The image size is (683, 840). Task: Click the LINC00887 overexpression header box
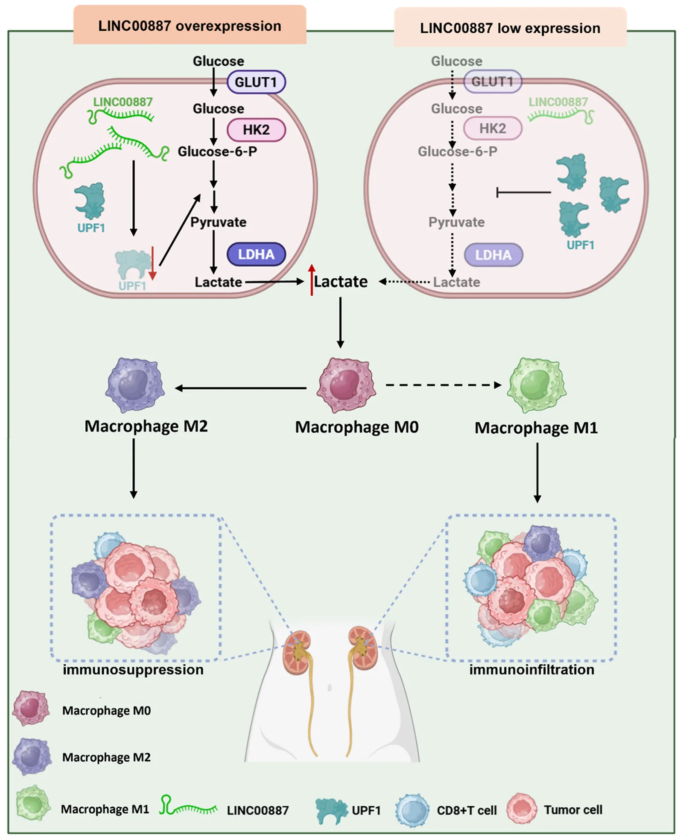tap(190, 25)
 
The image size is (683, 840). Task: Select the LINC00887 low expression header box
tap(510, 27)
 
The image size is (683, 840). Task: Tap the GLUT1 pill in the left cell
tap(256, 82)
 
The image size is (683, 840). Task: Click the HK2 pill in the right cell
tap(493, 128)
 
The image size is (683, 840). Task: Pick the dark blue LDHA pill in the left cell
tap(256, 254)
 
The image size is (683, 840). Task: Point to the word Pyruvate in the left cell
tap(218, 222)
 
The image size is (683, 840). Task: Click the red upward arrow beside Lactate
tap(312, 280)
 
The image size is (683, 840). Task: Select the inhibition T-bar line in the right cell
tap(524, 192)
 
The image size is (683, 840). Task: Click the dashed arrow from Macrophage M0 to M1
tap(444, 385)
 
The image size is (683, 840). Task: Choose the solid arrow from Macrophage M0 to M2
tap(241, 388)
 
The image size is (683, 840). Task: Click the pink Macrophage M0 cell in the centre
tap(346, 385)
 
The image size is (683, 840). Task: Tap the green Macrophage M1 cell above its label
tap(537, 385)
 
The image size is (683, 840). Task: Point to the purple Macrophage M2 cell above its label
tap(135, 385)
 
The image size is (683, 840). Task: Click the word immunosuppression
tap(133, 669)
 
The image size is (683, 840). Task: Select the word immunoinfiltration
tap(532, 669)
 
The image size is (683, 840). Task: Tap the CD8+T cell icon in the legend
tap(412, 810)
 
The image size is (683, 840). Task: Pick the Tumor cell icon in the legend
tap(522, 809)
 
